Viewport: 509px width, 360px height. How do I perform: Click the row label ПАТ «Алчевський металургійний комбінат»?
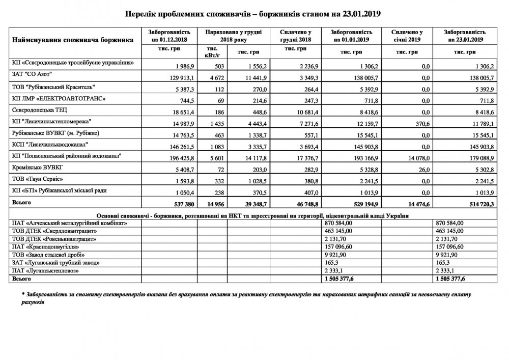[69, 223]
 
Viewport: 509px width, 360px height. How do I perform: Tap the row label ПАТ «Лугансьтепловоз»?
[46, 270]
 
